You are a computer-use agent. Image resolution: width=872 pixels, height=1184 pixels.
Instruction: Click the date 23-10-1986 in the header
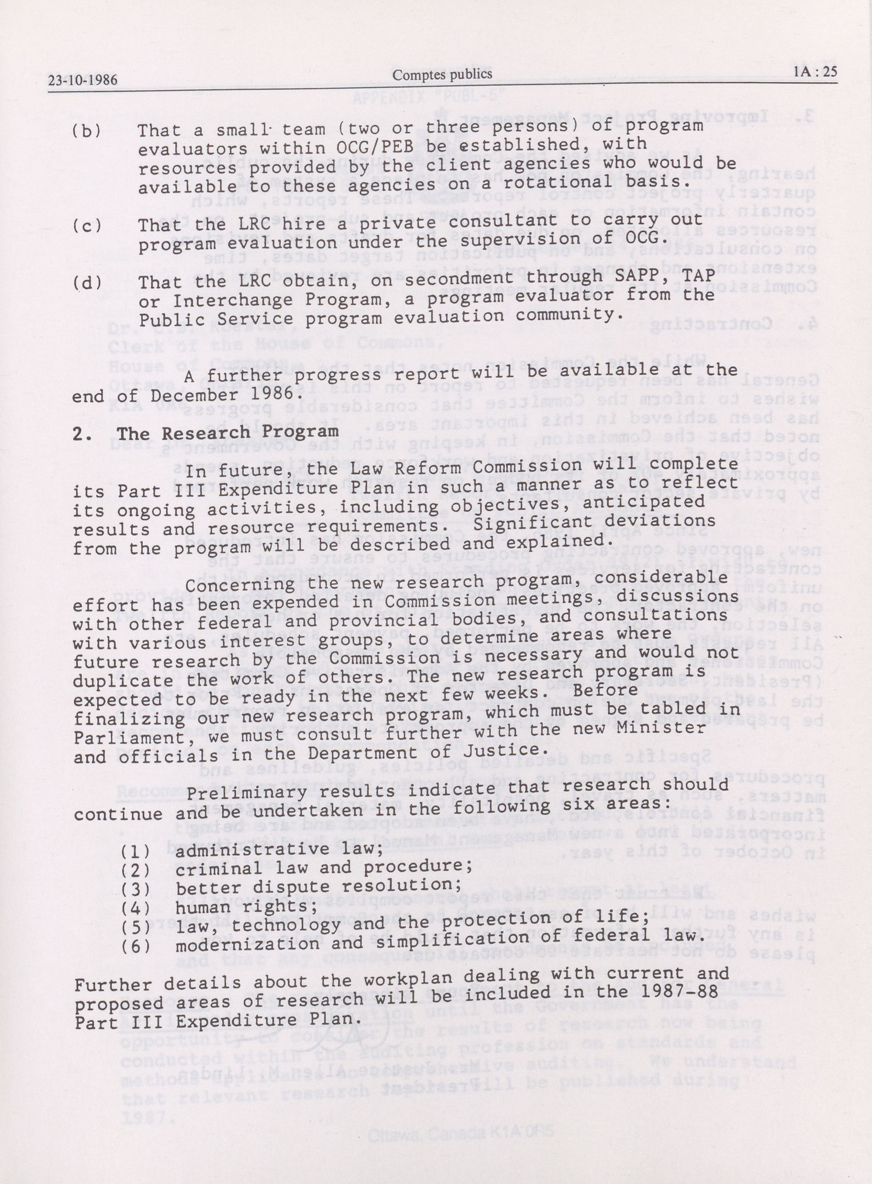82,80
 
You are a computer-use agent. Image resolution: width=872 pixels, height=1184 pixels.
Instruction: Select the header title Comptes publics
442,74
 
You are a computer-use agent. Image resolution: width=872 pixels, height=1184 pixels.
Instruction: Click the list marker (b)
86,131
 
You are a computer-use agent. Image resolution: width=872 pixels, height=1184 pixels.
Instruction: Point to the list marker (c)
86,226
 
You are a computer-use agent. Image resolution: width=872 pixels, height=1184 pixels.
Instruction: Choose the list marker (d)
86,282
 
